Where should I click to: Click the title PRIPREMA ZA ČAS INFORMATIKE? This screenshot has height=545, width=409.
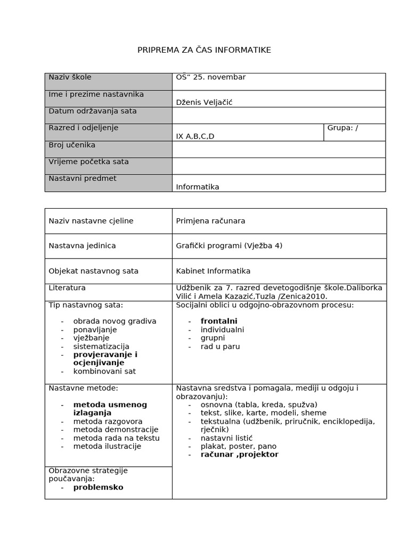204,50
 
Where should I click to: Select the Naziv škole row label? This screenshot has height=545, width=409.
70,77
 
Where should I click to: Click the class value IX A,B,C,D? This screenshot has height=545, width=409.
195,136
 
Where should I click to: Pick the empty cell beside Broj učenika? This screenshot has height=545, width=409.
279,149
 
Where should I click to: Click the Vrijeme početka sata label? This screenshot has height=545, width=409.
88,162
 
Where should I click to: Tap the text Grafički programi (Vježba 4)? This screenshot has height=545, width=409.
229,246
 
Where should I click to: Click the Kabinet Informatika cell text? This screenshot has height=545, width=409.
213,271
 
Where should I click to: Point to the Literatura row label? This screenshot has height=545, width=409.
67,288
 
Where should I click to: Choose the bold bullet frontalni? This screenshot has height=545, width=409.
219,321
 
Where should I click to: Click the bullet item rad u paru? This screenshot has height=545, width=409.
220,346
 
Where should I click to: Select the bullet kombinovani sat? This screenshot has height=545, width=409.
104,371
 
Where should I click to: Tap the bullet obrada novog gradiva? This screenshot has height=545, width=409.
114,321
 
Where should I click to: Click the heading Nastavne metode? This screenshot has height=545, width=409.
83,388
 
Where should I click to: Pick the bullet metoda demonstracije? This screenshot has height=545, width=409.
116,430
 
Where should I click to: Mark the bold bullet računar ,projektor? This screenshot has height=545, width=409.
239,455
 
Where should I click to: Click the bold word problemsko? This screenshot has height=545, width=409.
98,487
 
